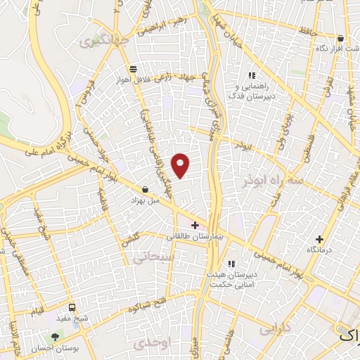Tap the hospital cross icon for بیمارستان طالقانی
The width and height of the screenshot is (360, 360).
point(195,225)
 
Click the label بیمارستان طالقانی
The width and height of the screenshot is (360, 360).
point(193,238)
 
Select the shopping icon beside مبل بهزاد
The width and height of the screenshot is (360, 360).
point(145,189)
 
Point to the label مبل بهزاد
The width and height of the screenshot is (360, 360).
point(146,200)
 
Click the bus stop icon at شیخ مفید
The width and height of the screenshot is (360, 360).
point(72,308)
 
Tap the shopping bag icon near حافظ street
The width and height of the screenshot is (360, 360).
point(341,39)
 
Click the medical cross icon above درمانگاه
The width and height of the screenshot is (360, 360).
point(320,239)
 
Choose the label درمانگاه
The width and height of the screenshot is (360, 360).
point(320,250)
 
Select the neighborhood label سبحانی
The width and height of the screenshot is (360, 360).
point(149,258)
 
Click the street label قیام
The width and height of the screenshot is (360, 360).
point(36,310)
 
